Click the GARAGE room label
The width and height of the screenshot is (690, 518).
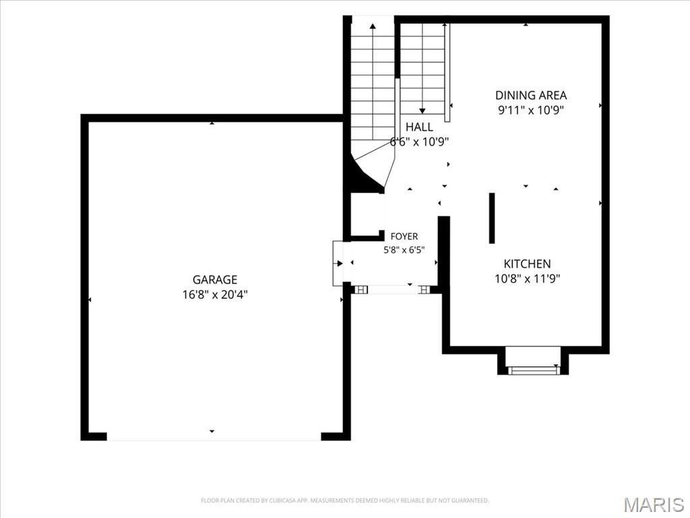click(x=215, y=280)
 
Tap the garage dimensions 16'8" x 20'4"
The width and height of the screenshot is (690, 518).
click(x=215, y=295)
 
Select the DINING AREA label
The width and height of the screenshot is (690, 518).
click(x=531, y=95)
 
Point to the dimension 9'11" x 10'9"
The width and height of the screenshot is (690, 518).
click(x=531, y=110)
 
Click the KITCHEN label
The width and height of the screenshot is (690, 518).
click(x=527, y=264)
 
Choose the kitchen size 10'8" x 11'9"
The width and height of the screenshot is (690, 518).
click(x=527, y=279)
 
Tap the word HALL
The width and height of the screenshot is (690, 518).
click(x=419, y=127)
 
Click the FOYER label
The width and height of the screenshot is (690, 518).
click(x=404, y=237)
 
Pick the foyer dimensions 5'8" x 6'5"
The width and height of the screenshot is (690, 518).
click(x=404, y=250)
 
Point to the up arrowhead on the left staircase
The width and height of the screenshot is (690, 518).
click(x=373, y=26)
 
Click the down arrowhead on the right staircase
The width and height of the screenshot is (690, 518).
click(x=422, y=111)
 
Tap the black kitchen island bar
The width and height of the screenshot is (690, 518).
click(x=492, y=218)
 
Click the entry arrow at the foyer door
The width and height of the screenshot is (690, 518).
click(x=338, y=264)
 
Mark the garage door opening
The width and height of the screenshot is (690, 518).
click(x=214, y=436)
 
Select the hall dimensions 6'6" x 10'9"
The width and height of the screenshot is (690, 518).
click(x=419, y=142)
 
